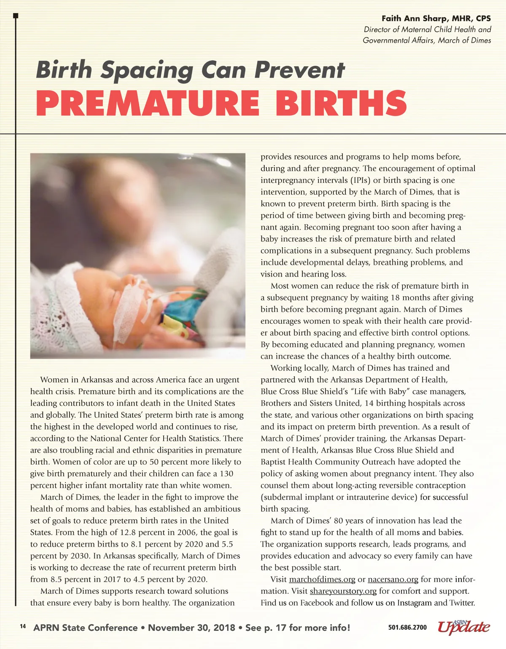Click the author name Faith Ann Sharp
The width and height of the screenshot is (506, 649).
click(415, 19)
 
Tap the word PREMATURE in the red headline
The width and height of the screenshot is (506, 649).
click(148, 103)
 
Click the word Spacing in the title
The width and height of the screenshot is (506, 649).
click(147, 70)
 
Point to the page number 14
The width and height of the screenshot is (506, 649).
click(23, 627)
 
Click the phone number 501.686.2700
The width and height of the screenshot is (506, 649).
click(407, 628)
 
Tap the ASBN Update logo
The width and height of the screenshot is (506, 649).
click(464, 627)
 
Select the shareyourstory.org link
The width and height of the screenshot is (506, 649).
click(343, 591)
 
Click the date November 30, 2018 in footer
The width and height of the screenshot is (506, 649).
click(191, 628)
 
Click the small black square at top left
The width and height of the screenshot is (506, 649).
click(16, 16)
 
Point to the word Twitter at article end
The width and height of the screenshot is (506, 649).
click(462, 603)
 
